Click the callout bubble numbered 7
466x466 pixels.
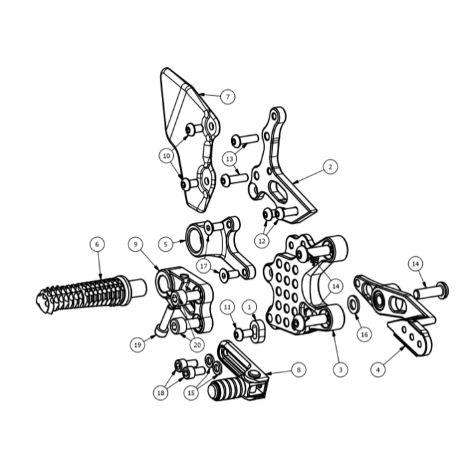228,97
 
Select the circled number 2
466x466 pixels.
330,166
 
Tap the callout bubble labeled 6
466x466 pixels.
97,244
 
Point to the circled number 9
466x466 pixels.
136,244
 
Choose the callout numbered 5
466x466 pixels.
166,244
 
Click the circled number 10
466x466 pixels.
166,156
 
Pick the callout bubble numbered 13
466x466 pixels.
230,159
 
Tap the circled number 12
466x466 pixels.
262,241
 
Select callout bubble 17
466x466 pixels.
204,266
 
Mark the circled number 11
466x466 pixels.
228,307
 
